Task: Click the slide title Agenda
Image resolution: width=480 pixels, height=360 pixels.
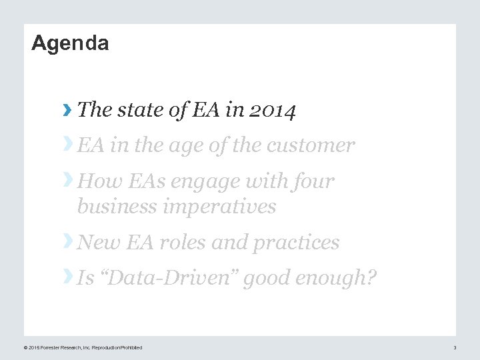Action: [70, 44]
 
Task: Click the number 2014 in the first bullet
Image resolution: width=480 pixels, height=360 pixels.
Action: [271, 110]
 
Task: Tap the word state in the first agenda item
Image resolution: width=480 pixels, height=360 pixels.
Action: [141, 110]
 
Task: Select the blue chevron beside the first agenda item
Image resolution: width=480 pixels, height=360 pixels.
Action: [67, 110]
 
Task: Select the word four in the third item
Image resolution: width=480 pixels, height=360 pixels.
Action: [313, 181]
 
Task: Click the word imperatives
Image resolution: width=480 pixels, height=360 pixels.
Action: [219, 207]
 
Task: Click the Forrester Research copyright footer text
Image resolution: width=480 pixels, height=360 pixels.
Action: [83, 347]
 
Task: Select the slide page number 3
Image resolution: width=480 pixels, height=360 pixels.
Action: [455, 347]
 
